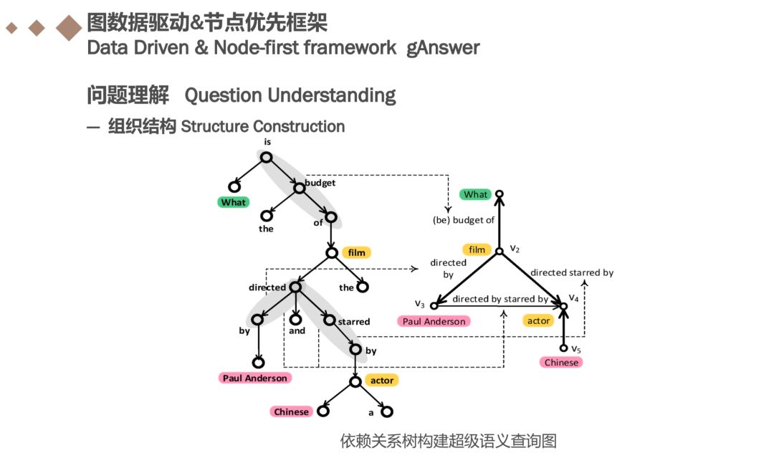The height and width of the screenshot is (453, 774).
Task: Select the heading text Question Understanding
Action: (x=290, y=95)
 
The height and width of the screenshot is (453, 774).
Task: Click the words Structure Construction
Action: (x=262, y=127)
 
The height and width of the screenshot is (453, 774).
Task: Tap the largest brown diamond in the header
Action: (x=69, y=28)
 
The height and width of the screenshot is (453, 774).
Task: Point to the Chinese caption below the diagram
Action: (x=448, y=439)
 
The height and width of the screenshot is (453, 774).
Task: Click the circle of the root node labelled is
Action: (x=266, y=158)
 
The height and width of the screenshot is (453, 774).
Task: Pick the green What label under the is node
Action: (x=233, y=202)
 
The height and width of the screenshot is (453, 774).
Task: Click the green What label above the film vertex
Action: (x=475, y=194)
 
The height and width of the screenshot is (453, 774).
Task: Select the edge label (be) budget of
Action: (x=464, y=220)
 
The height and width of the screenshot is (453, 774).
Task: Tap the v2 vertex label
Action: (x=514, y=248)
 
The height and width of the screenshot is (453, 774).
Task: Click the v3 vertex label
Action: (x=420, y=304)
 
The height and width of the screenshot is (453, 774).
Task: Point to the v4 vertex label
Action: (x=573, y=297)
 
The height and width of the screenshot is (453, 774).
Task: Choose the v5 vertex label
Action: (x=575, y=348)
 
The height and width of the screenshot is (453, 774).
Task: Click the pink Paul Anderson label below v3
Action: (x=434, y=321)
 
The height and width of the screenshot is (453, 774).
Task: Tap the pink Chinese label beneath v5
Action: (x=561, y=362)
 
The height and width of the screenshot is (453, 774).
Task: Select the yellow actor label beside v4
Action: (x=538, y=320)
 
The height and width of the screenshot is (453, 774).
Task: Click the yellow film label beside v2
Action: (x=477, y=249)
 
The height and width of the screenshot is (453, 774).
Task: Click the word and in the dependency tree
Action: (x=297, y=330)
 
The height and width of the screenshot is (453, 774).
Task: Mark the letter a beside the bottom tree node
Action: (x=371, y=412)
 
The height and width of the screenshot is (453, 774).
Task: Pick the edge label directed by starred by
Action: (x=500, y=299)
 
